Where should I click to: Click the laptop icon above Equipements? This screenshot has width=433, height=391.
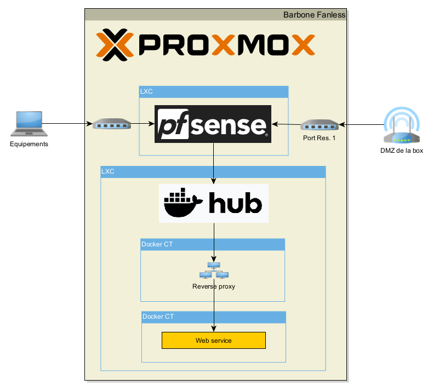27,123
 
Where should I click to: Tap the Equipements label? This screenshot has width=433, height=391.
29,145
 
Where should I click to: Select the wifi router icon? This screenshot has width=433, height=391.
402,127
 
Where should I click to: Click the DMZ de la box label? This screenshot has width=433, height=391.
402,151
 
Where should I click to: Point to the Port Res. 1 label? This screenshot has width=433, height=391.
319,138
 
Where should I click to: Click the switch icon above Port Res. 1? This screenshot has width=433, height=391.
319,125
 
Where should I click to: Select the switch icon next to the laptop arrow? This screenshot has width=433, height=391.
112,124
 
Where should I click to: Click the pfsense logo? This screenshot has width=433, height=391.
213,124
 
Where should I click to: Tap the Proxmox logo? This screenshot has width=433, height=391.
206,45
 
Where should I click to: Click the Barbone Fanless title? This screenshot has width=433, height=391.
314,15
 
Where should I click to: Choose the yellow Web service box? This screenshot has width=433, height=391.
213,341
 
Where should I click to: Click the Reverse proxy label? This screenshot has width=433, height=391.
214,286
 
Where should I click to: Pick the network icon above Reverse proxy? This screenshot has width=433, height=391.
214,271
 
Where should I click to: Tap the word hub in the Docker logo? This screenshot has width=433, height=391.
234,204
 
